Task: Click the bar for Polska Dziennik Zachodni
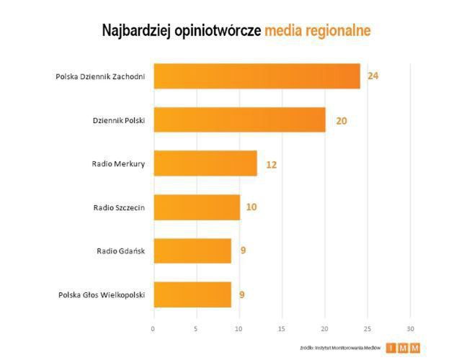click(257, 76)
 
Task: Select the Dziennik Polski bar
click(239, 120)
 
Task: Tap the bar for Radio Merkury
click(205, 163)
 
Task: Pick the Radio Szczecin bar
click(196, 207)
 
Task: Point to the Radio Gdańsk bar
click(192, 251)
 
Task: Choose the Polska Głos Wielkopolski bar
click(192, 294)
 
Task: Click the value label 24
click(373, 76)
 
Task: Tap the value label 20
click(341, 120)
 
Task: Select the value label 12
click(271, 164)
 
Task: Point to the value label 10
click(251, 207)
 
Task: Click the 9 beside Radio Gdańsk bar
click(243, 251)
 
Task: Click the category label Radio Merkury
click(118, 163)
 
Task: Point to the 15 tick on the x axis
click(282, 329)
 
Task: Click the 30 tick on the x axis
click(410, 329)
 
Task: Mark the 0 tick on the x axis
click(153, 329)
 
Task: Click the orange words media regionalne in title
click(317, 31)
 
